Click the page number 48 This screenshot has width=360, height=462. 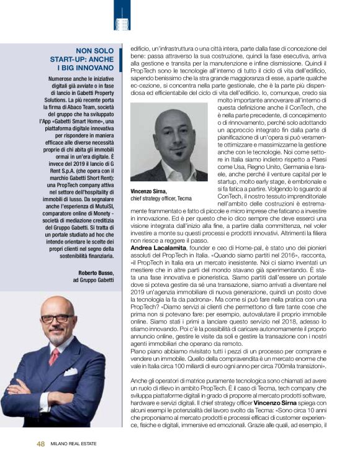[40, 443]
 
